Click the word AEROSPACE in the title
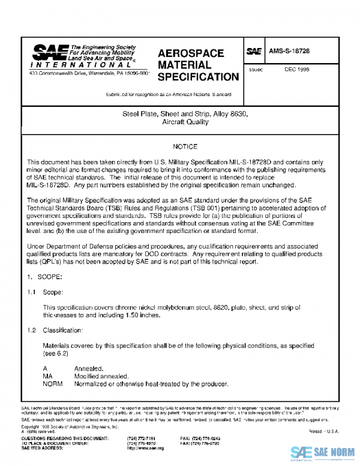point(190,53)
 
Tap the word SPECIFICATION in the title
point(198,77)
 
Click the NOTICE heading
point(185,147)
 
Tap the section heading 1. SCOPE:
point(46,278)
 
